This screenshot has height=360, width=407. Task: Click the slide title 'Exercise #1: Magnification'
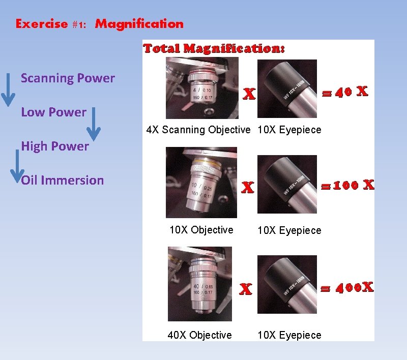[x=100, y=24]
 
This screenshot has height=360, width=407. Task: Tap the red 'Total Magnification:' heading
[x=214, y=49]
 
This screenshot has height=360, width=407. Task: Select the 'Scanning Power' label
[x=68, y=78]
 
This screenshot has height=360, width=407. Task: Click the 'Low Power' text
[x=53, y=112]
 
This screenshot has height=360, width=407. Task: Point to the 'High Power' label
[x=55, y=146]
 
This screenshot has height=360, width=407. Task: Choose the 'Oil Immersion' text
[x=63, y=181]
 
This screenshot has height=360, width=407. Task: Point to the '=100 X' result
[x=346, y=185]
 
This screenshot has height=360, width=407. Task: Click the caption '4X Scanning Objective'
[x=198, y=130]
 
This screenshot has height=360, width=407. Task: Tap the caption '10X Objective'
[x=201, y=230]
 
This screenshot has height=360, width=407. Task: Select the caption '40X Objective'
[x=199, y=335]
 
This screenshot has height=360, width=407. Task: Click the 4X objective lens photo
[x=202, y=88]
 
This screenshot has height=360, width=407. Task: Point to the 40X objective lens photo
[x=199, y=284]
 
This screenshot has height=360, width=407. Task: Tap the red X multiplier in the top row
[x=249, y=95]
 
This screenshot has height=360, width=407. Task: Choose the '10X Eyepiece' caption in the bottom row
[x=289, y=335]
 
